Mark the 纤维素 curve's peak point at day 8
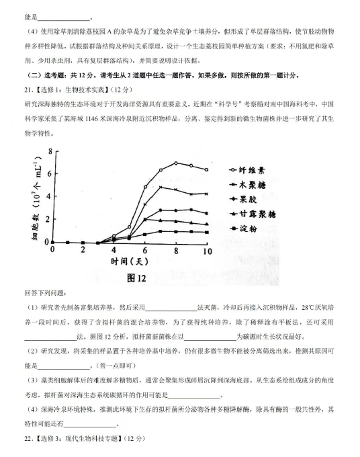pyautogui.click(x=176, y=163)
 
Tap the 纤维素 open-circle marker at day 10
pyautogui.click(x=207, y=169)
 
